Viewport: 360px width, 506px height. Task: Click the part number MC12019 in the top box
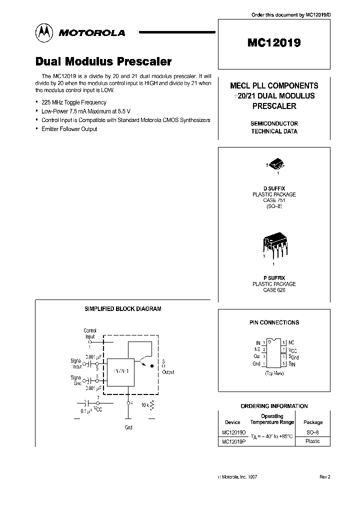point(273,43)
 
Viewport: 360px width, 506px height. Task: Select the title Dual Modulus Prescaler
point(103,61)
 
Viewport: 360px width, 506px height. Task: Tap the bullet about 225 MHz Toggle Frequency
point(73,102)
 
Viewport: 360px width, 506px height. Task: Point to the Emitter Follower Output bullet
point(69,129)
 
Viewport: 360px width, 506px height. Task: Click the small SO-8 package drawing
point(274,164)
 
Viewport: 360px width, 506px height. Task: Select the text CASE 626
point(273,290)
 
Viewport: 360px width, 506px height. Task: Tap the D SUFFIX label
point(274,188)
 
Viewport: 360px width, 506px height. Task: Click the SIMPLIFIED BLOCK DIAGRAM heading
point(122,309)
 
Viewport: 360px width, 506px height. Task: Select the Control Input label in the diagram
point(90,333)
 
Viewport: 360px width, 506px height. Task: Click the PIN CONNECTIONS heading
point(274,322)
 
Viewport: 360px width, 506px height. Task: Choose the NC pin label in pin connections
point(291,343)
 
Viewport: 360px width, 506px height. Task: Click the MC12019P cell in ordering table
point(232,441)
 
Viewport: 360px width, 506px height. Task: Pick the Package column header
point(313,422)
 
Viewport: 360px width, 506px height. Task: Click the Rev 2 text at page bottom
point(325,477)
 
